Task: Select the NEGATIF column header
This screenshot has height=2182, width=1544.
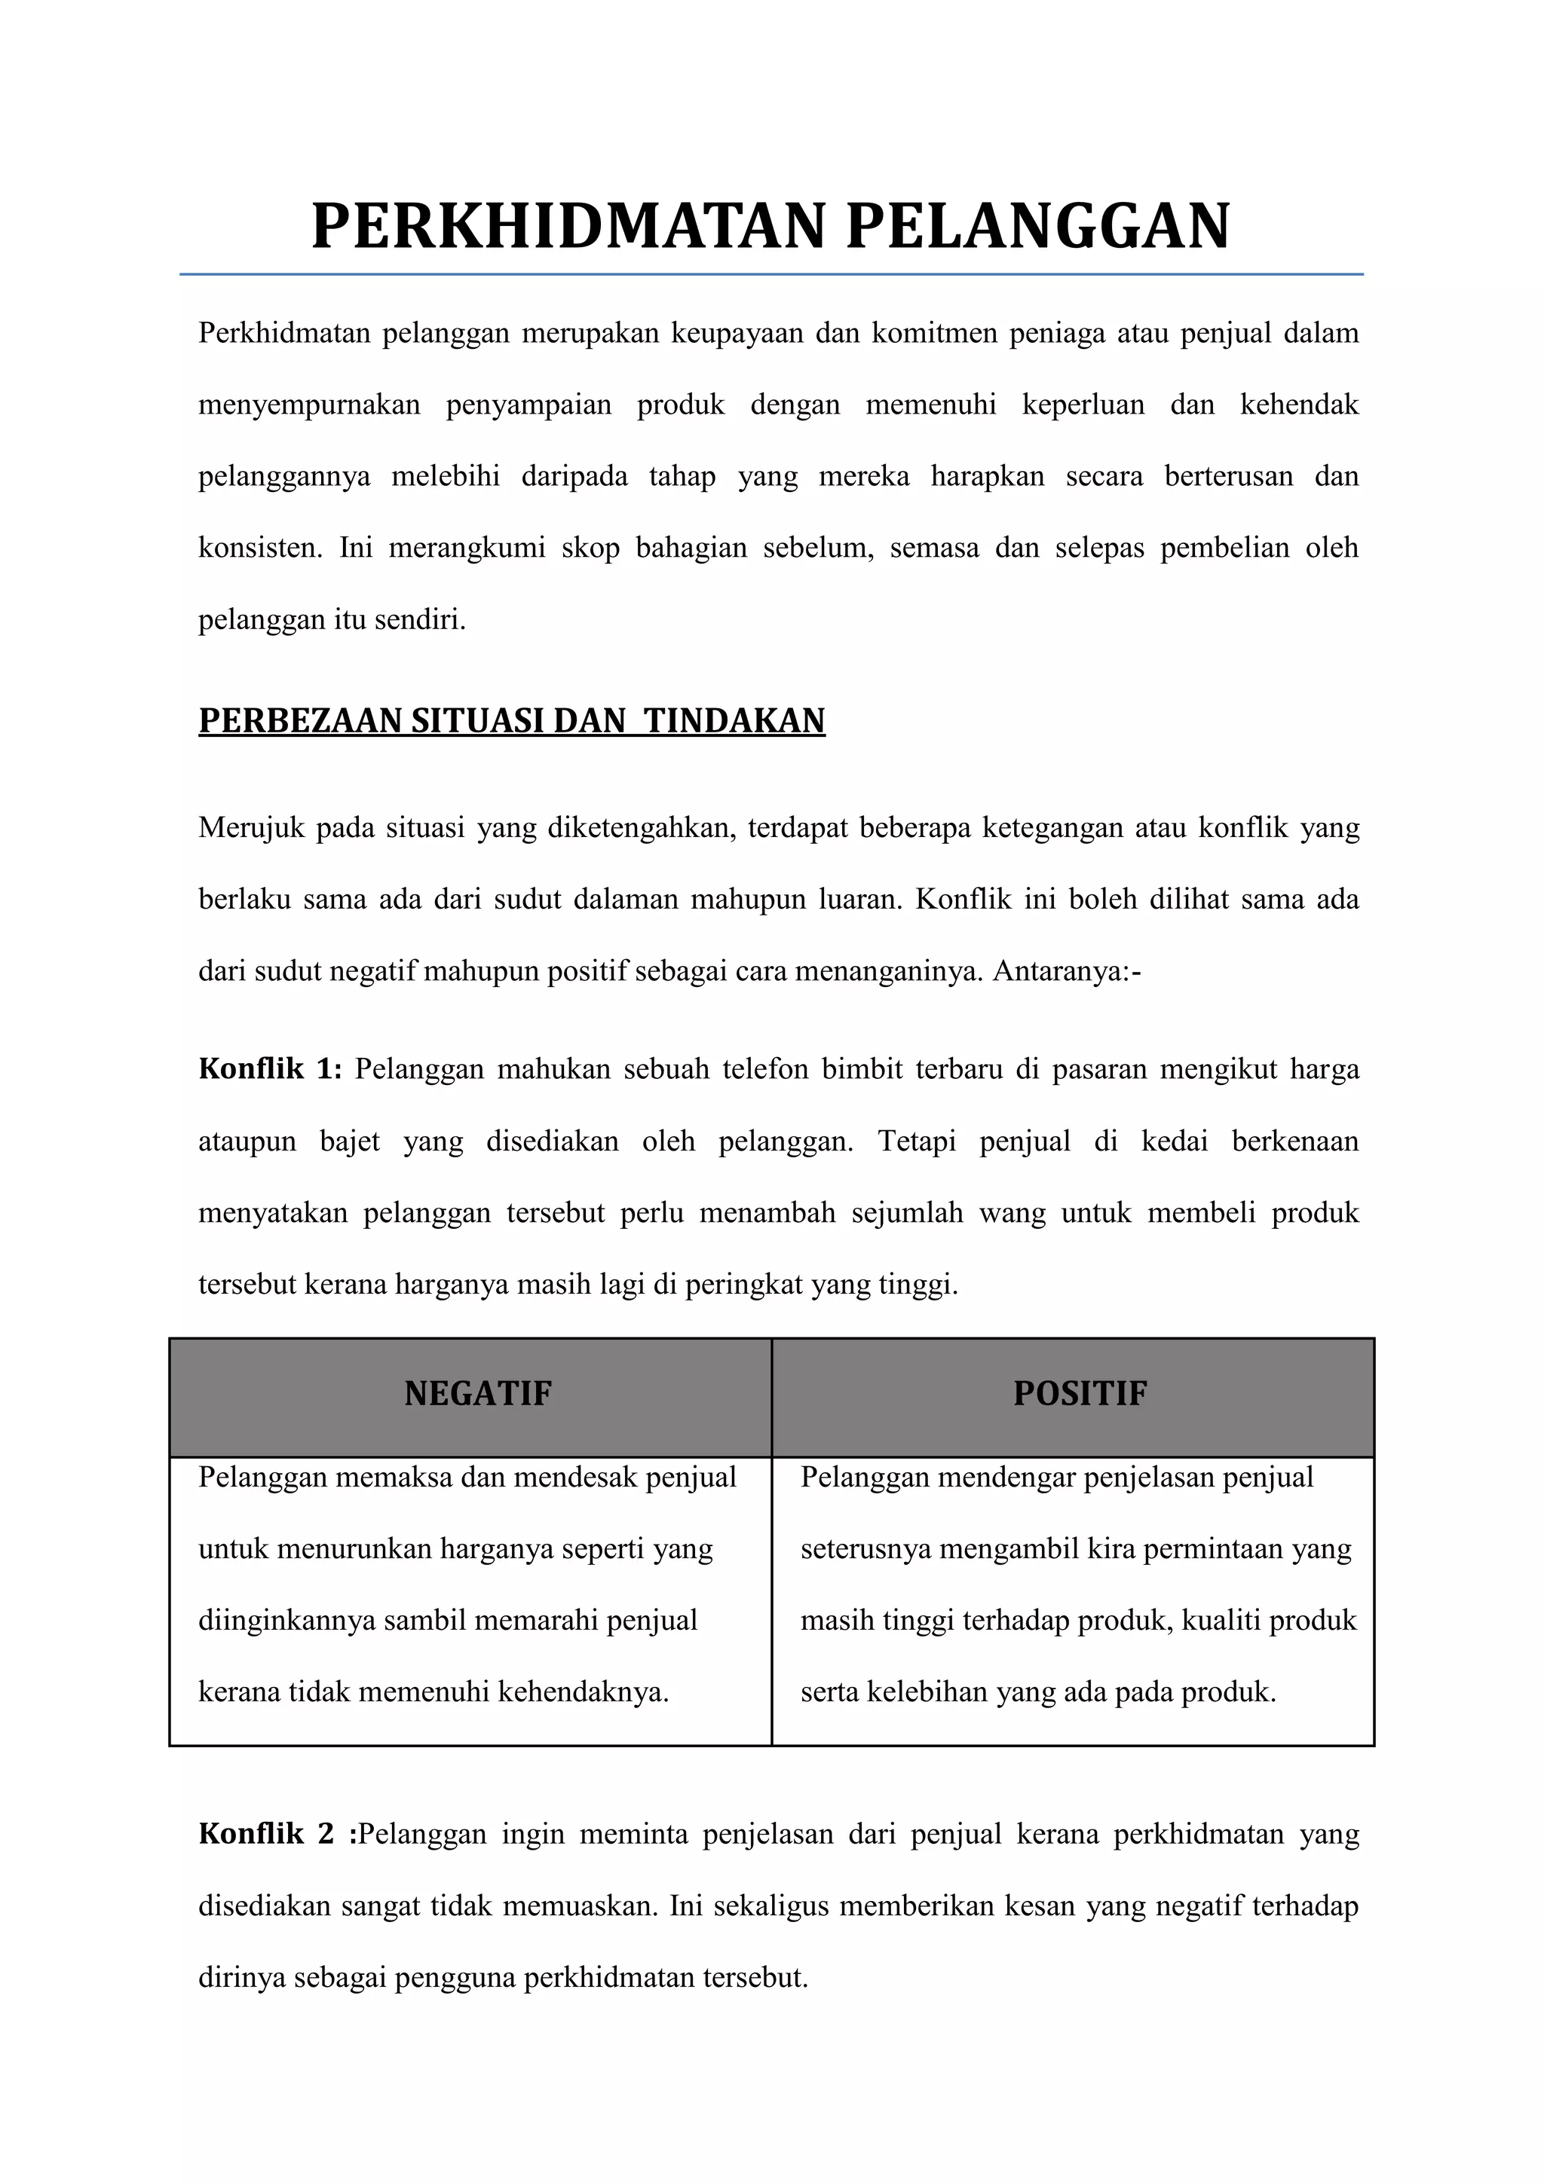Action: [477, 1393]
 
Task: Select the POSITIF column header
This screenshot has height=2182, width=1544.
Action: [1080, 1393]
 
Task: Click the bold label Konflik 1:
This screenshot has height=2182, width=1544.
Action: [269, 1069]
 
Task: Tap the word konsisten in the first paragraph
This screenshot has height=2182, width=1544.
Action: [259, 549]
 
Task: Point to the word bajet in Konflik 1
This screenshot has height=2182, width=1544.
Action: [350, 1141]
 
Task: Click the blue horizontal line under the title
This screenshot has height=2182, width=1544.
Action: [771, 275]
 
